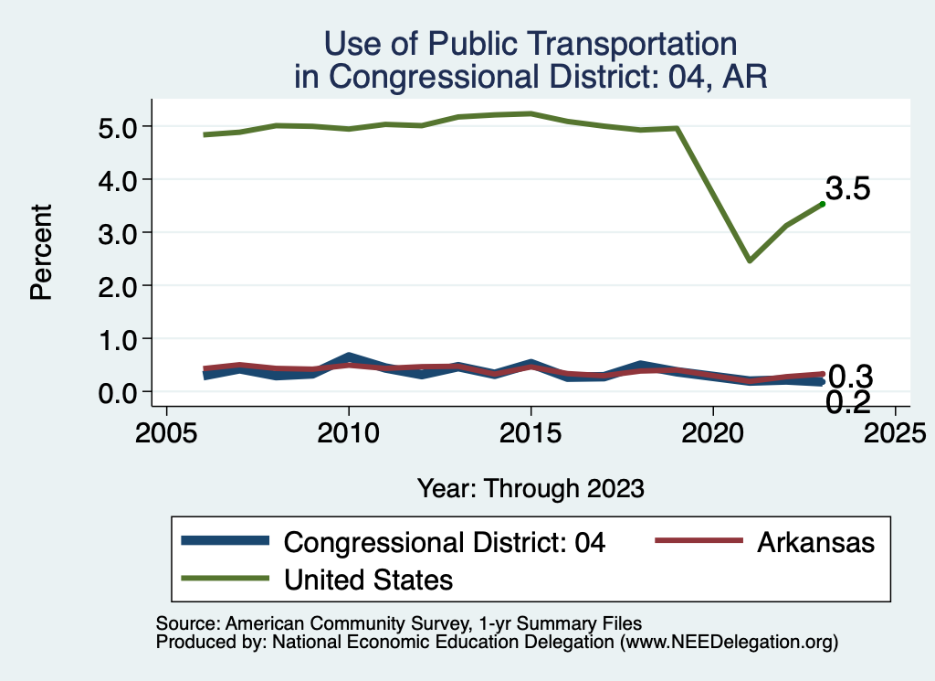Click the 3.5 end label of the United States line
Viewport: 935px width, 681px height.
(848, 189)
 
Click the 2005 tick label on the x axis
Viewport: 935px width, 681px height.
(166, 431)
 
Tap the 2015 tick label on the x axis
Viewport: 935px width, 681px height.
(531, 431)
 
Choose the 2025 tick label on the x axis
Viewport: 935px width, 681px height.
(895, 431)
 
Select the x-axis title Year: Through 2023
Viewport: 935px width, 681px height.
(531, 488)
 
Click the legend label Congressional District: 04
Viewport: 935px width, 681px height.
(445, 542)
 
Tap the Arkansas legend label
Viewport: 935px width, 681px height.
(815, 542)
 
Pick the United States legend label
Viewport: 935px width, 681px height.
(368, 579)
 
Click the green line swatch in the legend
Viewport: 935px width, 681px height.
(226, 579)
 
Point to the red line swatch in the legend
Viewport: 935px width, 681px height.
(699, 542)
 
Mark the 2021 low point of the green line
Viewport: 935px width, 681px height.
(749, 261)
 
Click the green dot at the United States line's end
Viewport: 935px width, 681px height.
(822, 204)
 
